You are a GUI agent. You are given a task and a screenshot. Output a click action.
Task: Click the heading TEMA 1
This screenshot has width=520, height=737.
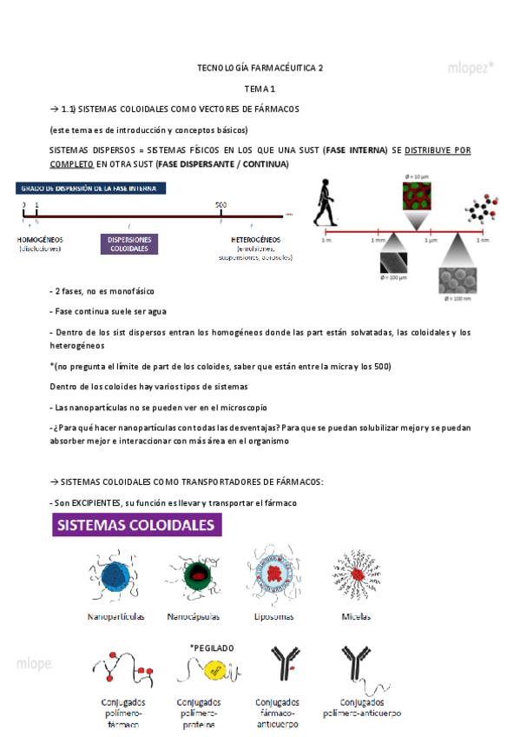tap(260, 88)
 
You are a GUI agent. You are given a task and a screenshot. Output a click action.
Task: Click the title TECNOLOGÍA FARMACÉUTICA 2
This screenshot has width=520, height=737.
tap(260, 67)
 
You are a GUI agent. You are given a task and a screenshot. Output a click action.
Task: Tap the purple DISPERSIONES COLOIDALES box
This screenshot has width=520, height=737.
tap(128, 244)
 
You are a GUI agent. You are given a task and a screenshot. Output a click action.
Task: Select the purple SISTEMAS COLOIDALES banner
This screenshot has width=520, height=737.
tap(136, 526)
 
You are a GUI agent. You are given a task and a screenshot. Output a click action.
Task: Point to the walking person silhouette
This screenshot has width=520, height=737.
tap(324, 202)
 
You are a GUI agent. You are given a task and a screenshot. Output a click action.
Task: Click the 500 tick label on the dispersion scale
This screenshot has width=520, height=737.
tap(221, 205)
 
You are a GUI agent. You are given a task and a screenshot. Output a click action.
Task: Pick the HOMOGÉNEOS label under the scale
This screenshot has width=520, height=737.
tap(40, 239)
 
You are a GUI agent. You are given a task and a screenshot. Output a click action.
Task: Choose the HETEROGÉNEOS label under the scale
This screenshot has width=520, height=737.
tap(256, 239)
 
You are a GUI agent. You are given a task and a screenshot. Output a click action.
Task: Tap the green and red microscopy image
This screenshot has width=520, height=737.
tap(417, 199)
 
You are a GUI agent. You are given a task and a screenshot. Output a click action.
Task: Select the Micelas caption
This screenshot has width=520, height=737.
tap(356, 616)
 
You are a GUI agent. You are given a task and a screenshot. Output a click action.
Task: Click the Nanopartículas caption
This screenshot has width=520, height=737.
tap(115, 616)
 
